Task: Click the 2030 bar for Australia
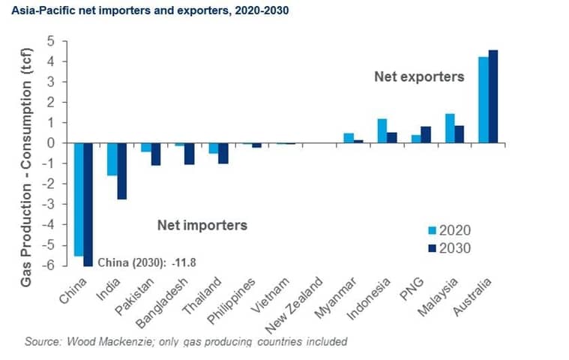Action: [x=493, y=97]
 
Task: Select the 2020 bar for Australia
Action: [x=484, y=100]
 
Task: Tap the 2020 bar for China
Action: [x=79, y=199]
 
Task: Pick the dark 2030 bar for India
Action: [x=121, y=171]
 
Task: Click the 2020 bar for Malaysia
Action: [x=450, y=128]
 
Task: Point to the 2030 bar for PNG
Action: [x=426, y=135]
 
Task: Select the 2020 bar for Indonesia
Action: [x=382, y=131]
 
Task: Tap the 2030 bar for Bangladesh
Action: [x=190, y=154]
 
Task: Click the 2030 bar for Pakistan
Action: [x=156, y=154]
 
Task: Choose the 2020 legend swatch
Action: [x=433, y=230]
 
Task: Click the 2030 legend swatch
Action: [x=433, y=248]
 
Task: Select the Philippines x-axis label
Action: [x=232, y=301]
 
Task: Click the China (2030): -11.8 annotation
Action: [x=148, y=262]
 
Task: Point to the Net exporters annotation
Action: [x=419, y=76]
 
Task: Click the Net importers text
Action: [x=202, y=225]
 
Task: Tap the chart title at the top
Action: [x=150, y=10]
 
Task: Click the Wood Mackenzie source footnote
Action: [x=186, y=341]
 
